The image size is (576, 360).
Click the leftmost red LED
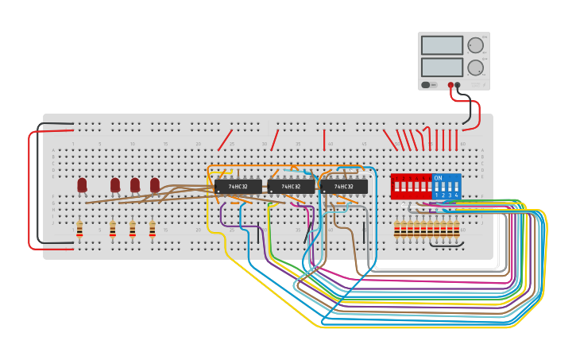pyautogui.click(x=82, y=184)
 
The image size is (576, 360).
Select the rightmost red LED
pyautogui.click(x=155, y=184)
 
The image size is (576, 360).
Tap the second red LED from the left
pyautogui.click(x=115, y=184)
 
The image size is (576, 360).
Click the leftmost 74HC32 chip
pyautogui.click(x=238, y=187)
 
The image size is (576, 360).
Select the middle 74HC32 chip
pyautogui.click(x=291, y=187)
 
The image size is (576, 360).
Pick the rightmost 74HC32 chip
pyautogui.click(x=343, y=187)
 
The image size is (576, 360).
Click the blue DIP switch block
pyautogui.click(x=446, y=187)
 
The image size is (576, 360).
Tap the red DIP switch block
pyautogui.click(x=411, y=187)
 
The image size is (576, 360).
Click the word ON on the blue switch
pyautogui.click(x=438, y=178)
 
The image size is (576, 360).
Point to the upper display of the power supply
pyautogui.click(x=442, y=45)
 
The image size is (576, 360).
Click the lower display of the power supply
pyautogui.click(x=442, y=67)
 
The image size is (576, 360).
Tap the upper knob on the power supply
pyautogui.click(x=475, y=45)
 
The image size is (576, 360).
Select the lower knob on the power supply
pyautogui.click(x=475, y=68)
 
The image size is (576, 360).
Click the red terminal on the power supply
pyautogui.click(x=450, y=85)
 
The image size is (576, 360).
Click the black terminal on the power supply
pyautogui.click(x=458, y=85)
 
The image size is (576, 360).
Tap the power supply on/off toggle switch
pyautogui.click(x=426, y=85)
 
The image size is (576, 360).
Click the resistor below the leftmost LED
pyautogui.click(x=79, y=230)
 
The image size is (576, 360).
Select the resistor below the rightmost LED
pyautogui.click(x=153, y=230)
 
